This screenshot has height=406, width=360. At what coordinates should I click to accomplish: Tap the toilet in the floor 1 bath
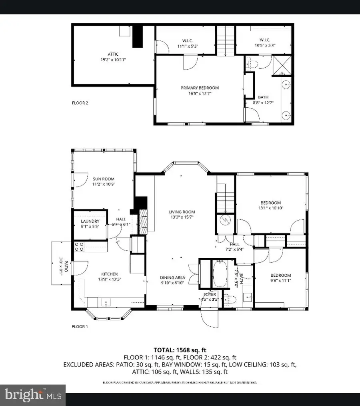click(x=228, y=299)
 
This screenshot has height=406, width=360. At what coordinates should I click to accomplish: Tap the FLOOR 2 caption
click(x=80, y=103)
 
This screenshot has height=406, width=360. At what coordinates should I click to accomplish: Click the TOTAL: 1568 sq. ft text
click(x=180, y=350)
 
